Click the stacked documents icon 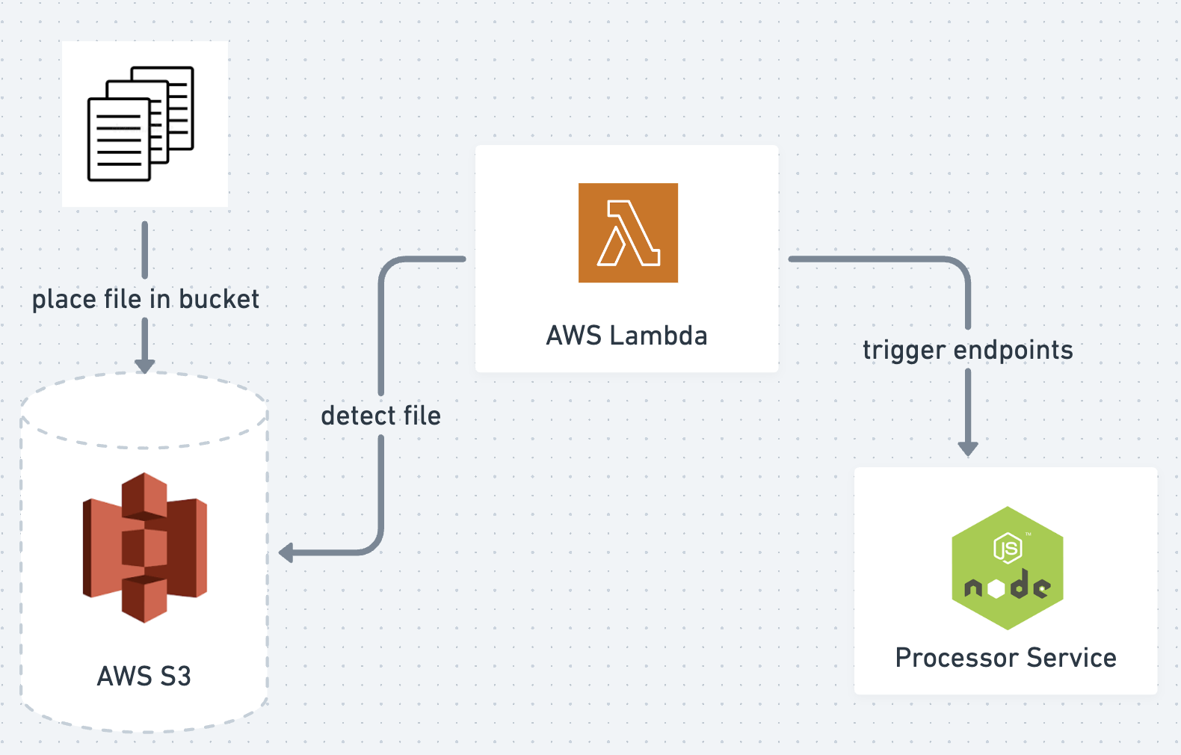tap(141, 124)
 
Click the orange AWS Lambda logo tap(628, 232)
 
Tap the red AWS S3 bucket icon tap(144, 547)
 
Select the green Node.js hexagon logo tap(1007, 568)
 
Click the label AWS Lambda tap(626, 336)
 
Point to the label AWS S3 tap(144, 677)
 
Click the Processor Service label tap(1005, 658)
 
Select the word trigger tap(904, 351)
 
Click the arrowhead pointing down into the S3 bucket tap(145, 366)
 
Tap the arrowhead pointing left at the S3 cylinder tap(286, 553)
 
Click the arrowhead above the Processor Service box tap(968, 449)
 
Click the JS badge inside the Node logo tap(1008, 548)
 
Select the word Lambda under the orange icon tap(658, 336)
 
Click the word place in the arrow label tap(64, 300)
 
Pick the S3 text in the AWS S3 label tap(175, 677)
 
